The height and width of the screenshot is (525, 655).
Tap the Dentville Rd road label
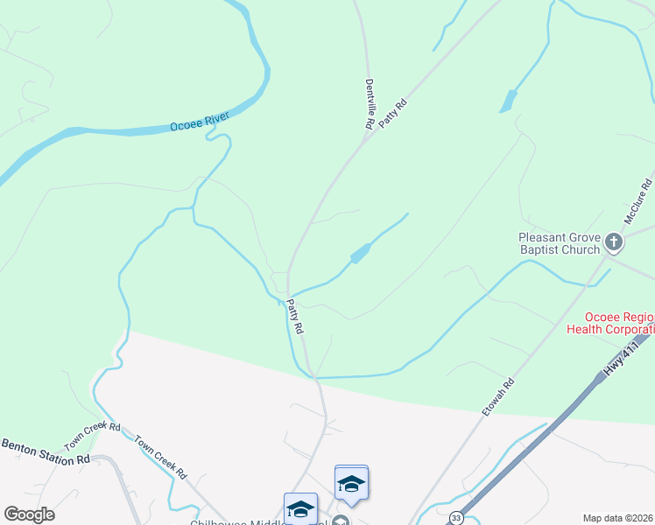click(x=370, y=103)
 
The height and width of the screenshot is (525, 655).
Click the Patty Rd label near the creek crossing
click(x=295, y=317)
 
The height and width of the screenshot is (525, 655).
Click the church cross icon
click(x=615, y=241)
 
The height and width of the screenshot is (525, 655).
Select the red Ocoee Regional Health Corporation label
click(x=610, y=323)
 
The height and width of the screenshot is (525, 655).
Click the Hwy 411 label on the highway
click(x=623, y=359)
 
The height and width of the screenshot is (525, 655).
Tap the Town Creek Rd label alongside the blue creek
click(x=161, y=456)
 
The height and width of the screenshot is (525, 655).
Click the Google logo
click(x=29, y=514)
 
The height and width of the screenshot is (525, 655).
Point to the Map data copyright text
click(x=617, y=518)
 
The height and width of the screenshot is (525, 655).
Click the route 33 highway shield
click(x=456, y=518)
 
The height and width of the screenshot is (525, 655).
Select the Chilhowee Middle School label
click(x=254, y=523)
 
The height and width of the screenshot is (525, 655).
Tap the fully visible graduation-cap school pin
click(x=351, y=483)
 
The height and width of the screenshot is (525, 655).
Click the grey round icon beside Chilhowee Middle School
click(x=342, y=521)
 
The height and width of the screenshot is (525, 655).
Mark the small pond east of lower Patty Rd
click(x=360, y=254)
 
